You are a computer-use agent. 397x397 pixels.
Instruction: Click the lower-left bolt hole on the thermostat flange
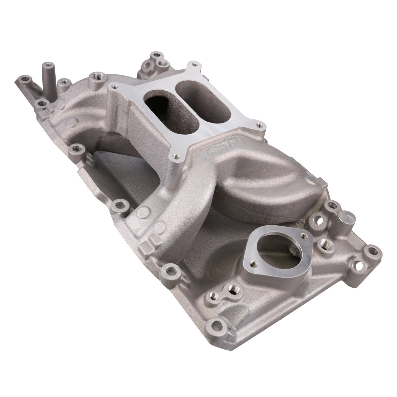(253, 263)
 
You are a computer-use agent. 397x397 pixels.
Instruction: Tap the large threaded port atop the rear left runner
(96, 76)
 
